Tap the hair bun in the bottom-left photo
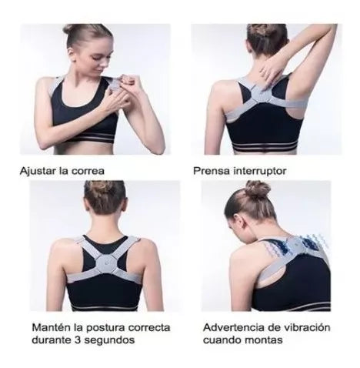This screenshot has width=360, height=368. [x=104, y=187]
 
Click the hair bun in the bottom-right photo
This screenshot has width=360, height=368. [x=258, y=189]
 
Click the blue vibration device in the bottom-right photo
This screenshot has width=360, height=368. [x=295, y=249]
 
